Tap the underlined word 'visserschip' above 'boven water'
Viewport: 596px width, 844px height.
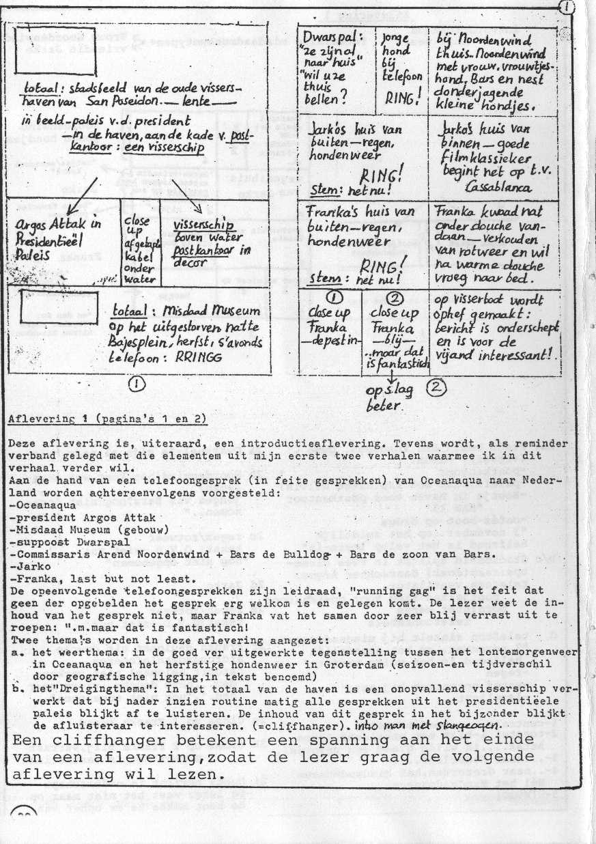pyautogui.click(x=203, y=225)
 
